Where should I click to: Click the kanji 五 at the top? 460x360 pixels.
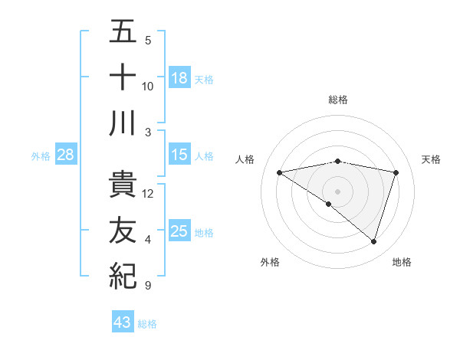pos(123,32)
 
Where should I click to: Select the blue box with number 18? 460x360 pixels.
pos(179,77)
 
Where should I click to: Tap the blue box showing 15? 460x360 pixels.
pos(179,155)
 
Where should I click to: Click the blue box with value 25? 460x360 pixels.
pos(179,231)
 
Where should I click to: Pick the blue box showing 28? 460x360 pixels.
pos(66,155)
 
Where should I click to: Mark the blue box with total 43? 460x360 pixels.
pos(123,322)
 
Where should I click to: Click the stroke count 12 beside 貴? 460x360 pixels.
pos(149,194)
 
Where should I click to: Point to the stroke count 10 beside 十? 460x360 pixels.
pos(148,86)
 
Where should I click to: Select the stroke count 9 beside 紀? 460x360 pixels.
pos(148,286)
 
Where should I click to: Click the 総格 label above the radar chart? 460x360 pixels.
pos(338,100)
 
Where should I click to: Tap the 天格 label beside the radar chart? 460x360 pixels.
pos(432,159)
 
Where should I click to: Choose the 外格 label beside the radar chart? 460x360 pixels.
pos(270,262)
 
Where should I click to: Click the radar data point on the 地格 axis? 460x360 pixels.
pos(374,242)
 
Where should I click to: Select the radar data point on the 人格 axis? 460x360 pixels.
pos(279,172)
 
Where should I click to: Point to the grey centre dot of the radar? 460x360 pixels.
pos(337,191)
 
